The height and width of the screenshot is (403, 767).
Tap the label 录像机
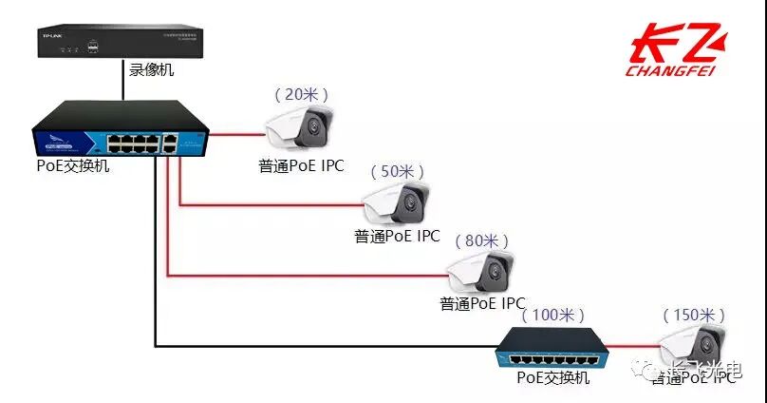click(x=152, y=70)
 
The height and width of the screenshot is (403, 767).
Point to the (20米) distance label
click(x=301, y=94)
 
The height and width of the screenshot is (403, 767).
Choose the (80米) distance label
click(x=484, y=240)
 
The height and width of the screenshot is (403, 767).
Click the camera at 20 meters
click(x=300, y=130)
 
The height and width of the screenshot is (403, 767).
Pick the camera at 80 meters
click(x=483, y=272)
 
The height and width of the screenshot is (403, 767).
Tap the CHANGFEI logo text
click(x=671, y=69)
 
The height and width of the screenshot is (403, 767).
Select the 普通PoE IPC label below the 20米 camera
click(x=301, y=165)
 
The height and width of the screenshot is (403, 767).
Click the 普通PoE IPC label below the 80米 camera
click(x=482, y=303)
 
